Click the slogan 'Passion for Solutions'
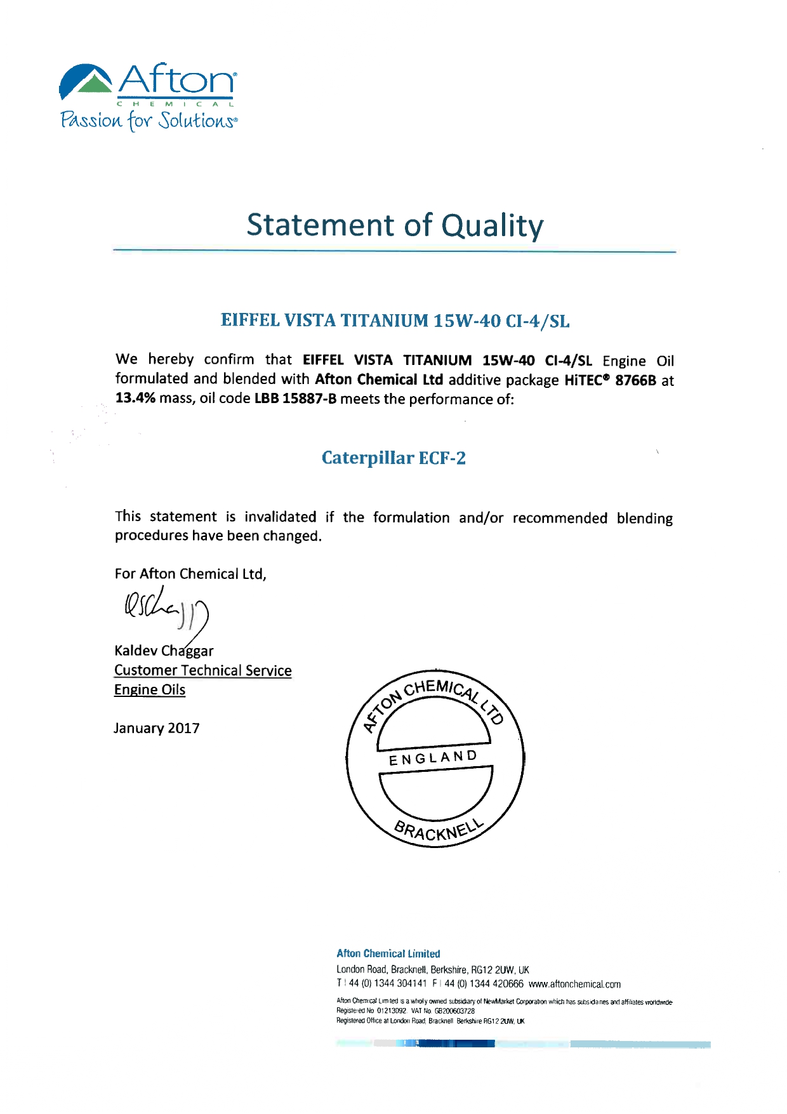point(149,120)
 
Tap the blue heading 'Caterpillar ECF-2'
point(393,458)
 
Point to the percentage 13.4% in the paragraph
point(135,399)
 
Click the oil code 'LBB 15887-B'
point(295,399)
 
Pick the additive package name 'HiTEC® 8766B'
point(610,380)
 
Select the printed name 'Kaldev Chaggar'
point(164,651)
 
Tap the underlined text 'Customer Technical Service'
point(202,670)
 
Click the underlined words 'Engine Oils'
point(150,689)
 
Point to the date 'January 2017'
point(157,728)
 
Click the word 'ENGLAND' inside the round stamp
point(433,758)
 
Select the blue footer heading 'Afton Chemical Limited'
point(388,953)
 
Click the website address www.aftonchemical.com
point(574,984)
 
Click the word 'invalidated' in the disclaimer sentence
point(280,517)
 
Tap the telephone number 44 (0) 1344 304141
point(388,984)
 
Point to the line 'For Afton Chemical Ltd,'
point(190,574)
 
